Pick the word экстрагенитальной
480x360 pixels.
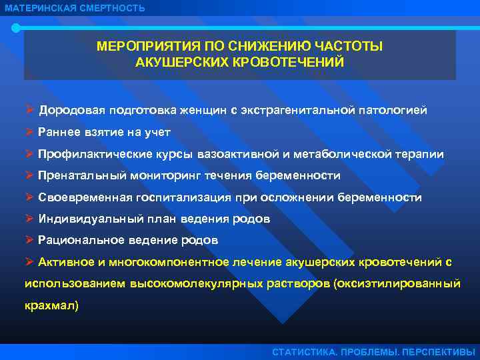[296, 109]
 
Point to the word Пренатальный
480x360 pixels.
[77, 176]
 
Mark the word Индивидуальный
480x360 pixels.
[82, 219]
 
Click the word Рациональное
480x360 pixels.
[75, 240]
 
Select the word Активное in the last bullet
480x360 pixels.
[63, 262]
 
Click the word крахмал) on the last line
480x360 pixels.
[51, 306]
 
